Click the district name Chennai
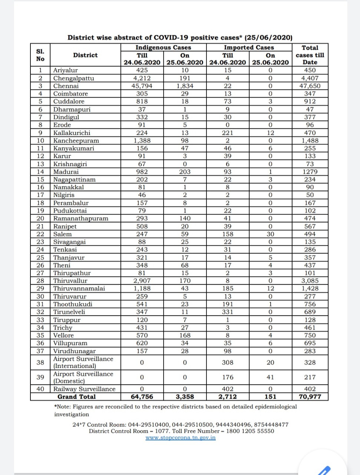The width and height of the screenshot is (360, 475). tap(66, 86)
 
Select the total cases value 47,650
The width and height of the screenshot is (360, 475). tap(310, 86)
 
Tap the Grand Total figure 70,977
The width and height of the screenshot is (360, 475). tap(310, 397)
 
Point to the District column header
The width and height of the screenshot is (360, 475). tap(85, 55)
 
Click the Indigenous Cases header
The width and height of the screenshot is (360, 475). tap(163, 47)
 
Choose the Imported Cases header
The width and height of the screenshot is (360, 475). tap(249, 47)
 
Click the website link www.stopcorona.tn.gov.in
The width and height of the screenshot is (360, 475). tap(181, 438)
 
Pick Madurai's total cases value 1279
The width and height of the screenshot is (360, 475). tap(310, 172)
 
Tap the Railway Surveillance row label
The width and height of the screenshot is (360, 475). tap(84, 389)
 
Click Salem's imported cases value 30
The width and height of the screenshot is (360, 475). tap(270, 234)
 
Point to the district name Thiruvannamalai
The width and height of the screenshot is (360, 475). tap(79, 288)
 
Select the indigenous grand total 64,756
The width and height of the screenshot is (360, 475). tap(142, 397)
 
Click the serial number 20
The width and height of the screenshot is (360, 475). tap(40, 219)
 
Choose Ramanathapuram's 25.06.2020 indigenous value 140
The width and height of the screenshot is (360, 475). tap(185, 219)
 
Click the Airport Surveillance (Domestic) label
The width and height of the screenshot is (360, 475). tap(83, 377)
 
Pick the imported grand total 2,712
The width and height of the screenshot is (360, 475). tap(228, 397)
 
